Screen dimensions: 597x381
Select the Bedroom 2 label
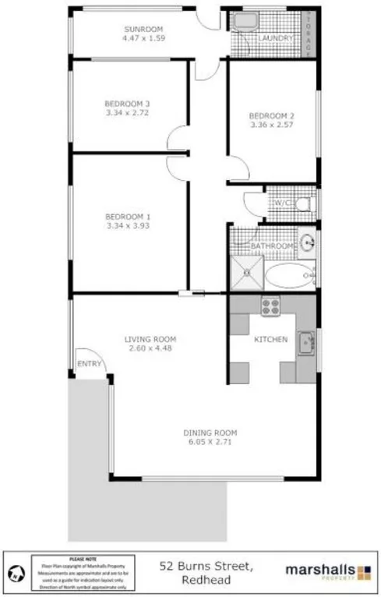pos(272,115)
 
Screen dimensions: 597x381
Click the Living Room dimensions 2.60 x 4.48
pos(150,348)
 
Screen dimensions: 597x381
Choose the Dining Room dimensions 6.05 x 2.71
pos(210,442)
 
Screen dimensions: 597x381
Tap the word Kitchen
pos(271,339)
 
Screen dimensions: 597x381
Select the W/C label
pos(280,203)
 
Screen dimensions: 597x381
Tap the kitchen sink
pos(306,341)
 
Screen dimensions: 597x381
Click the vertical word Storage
pos(309,34)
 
